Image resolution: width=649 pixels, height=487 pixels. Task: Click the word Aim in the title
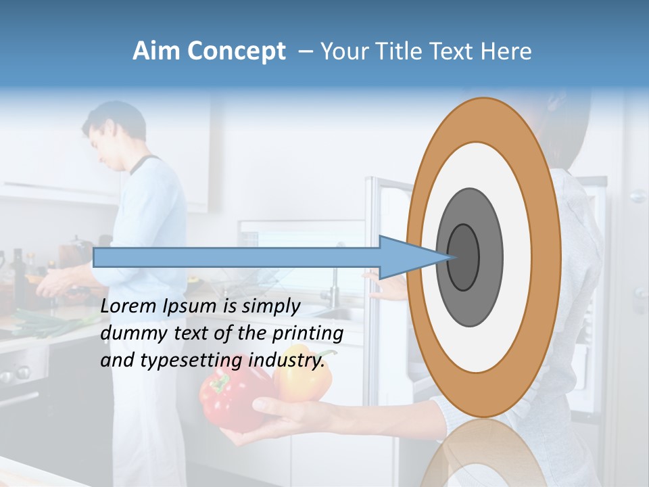pyautogui.click(x=156, y=51)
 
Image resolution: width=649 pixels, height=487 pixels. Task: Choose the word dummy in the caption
pyautogui.click(x=129, y=333)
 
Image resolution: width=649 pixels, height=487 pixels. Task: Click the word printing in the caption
pyautogui.click(x=307, y=333)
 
